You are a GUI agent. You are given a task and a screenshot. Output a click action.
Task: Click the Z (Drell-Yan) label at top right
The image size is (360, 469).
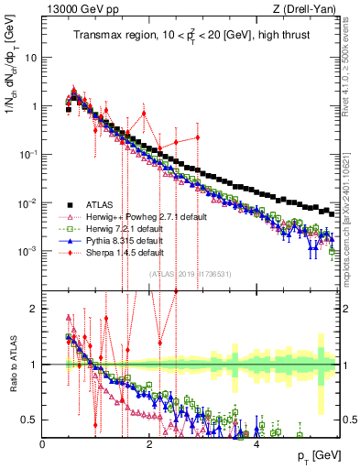click(308, 10)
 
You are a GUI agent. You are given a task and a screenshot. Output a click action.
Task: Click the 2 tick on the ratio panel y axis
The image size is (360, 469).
click(34, 309)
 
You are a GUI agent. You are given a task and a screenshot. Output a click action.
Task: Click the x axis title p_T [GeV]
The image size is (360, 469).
click(312, 456)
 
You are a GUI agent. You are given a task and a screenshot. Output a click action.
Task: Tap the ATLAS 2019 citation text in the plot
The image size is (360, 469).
click(190, 274)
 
